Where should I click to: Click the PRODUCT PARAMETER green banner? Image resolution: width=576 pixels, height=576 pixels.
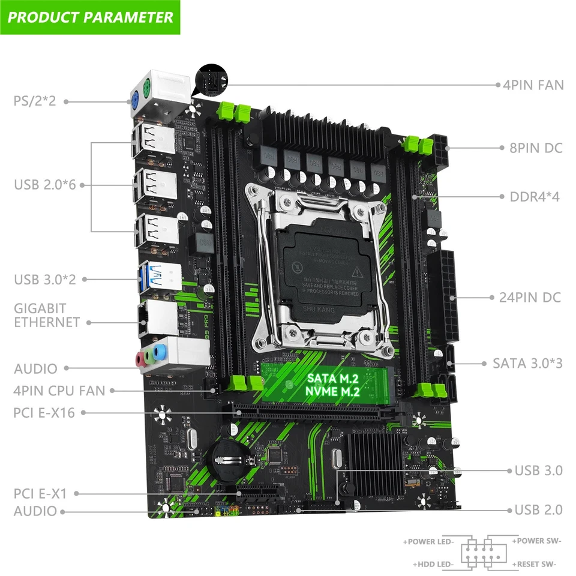(x=90, y=16)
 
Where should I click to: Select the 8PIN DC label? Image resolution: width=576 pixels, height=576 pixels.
(x=536, y=147)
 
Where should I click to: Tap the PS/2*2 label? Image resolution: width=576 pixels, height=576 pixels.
(x=34, y=101)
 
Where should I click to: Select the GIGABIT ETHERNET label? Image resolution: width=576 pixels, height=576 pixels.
(x=47, y=315)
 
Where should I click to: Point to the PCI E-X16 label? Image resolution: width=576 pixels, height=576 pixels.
(x=44, y=412)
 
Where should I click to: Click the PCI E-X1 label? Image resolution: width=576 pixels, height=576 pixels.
(x=40, y=494)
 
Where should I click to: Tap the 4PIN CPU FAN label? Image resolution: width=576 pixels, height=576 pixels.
(x=59, y=391)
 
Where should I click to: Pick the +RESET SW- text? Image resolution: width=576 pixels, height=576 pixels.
(x=534, y=564)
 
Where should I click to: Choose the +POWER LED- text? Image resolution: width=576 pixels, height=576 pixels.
(x=429, y=542)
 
